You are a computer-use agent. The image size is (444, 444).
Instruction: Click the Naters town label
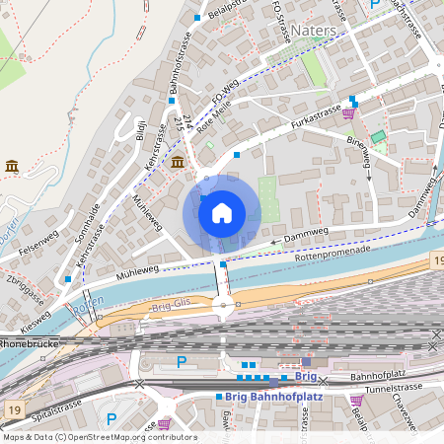pos(314,31)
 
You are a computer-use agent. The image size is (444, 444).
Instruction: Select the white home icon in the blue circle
pos(222,212)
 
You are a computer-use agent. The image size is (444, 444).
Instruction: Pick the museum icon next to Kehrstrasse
pos(177,162)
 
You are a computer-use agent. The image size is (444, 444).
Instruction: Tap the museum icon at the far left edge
pos(12,166)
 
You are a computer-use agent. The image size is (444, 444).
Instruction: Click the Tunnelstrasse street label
pos(395,388)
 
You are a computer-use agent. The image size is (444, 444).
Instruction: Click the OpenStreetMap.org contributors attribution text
pos(143,437)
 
